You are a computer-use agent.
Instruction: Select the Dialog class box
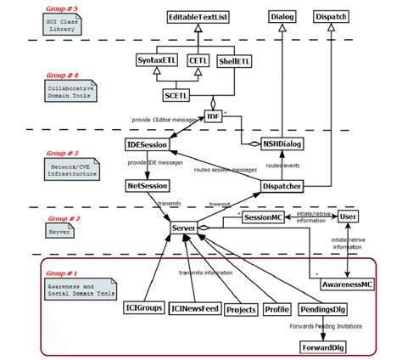[x=282, y=16]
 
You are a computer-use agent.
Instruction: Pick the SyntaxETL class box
[x=155, y=60]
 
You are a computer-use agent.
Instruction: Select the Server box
[x=183, y=229]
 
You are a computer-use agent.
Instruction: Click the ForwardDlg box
[x=323, y=346]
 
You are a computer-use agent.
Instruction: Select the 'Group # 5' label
[x=61, y=7]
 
